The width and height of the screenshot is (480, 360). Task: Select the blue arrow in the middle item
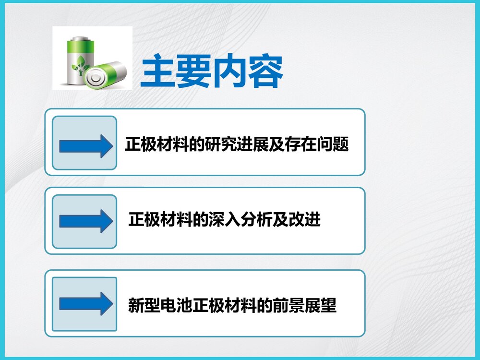pyautogui.click(x=84, y=221)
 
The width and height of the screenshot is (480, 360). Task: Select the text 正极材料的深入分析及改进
pyautogui.click(x=224, y=220)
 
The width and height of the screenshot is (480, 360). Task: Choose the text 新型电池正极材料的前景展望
pyautogui.click(x=232, y=305)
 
